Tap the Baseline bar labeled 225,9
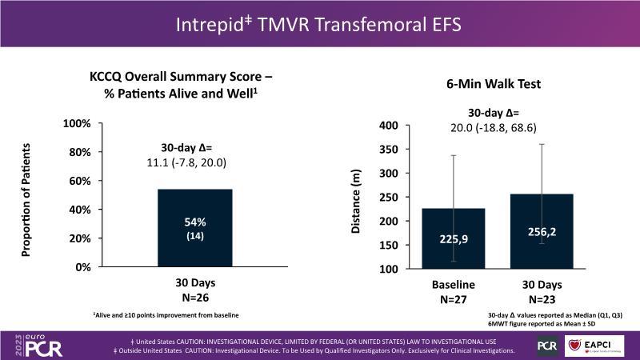pos(454,238)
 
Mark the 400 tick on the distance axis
pos(388,126)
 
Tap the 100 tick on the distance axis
pos(388,269)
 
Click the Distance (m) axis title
pos(356,201)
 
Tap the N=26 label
pos(195,297)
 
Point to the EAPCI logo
pos(596,345)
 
